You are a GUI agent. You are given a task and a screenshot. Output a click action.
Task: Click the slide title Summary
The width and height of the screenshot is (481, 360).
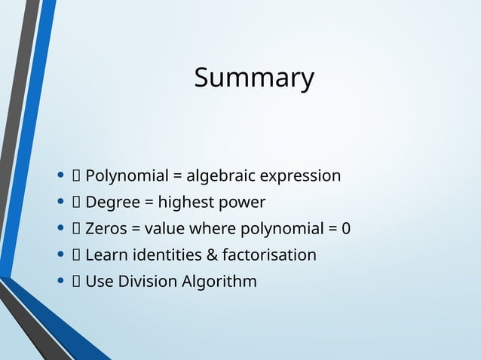click(x=254, y=78)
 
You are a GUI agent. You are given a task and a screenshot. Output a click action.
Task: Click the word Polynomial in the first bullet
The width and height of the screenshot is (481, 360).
click(x=127, y=176)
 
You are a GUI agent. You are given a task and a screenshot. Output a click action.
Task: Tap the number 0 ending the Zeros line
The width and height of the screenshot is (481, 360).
click(x=346, y=229)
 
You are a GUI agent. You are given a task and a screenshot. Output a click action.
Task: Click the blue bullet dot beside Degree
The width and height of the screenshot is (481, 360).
click(x=60, y=203)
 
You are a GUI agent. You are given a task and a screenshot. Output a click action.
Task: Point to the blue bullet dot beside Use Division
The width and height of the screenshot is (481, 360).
click(x=60, y=282)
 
